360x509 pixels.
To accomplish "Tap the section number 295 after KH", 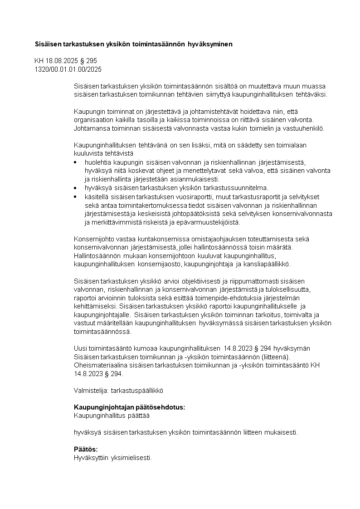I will [92, 61].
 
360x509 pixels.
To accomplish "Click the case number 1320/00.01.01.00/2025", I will [68, 69].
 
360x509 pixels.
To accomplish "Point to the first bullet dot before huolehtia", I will [76, 162].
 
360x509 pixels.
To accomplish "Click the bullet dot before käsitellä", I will [76, 196].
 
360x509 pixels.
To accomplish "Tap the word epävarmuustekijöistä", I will [208, 222].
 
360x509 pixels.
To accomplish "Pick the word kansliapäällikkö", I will [268, 264].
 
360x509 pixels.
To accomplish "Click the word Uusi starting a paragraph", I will [80, 349].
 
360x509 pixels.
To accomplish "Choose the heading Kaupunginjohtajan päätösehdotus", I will [129, 407].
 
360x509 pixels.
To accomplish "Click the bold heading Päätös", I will [86, 449].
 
